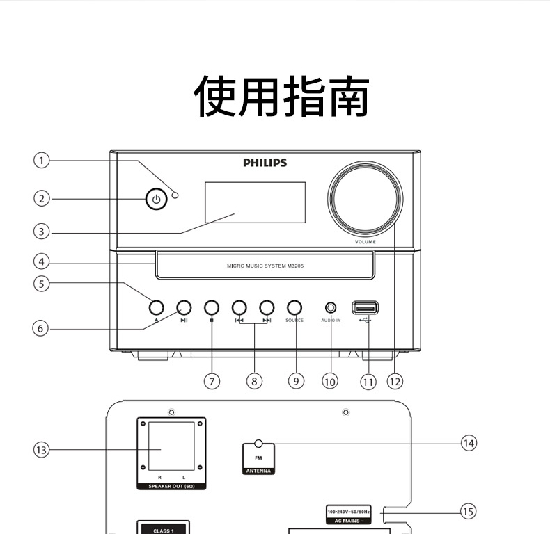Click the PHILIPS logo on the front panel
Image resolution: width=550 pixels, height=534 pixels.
pyautogui.click(x=265, y=163)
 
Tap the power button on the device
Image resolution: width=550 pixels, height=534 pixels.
pyautogui.click(x=156, y=200)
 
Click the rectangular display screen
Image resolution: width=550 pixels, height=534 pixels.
pyautogui.click(x=255, y=202)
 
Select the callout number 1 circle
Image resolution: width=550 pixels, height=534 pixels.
pyautogui.click(x=42, y=161)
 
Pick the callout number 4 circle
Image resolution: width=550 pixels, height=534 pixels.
pyautogui.click(x=42, y=262)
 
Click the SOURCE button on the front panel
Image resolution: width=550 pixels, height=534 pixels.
pyautogui.click(x=294, y=307)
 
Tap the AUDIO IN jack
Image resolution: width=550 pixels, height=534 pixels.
pyautogui.click(x=331, y=307)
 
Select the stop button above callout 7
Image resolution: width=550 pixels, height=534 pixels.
pyautogui.click(x=212, y=307)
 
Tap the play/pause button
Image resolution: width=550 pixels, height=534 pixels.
pyautogui.click(x=184, y=307)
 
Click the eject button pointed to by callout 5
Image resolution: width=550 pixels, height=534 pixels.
pyautogui.click(x=155, y=307)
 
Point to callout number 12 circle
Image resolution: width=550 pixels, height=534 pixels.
pyautogui.click(x=395, y=381)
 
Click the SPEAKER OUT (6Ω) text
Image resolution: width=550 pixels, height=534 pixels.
pyautogui.click(x=171, y=486)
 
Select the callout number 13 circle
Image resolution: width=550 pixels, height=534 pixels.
pyautogui.click(x=42, y=450)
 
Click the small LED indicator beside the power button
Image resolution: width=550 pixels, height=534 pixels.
pyautogui.click(x=175, y=195)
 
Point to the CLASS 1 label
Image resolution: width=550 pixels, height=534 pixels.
pyautogui.click(x=164, y=530)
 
